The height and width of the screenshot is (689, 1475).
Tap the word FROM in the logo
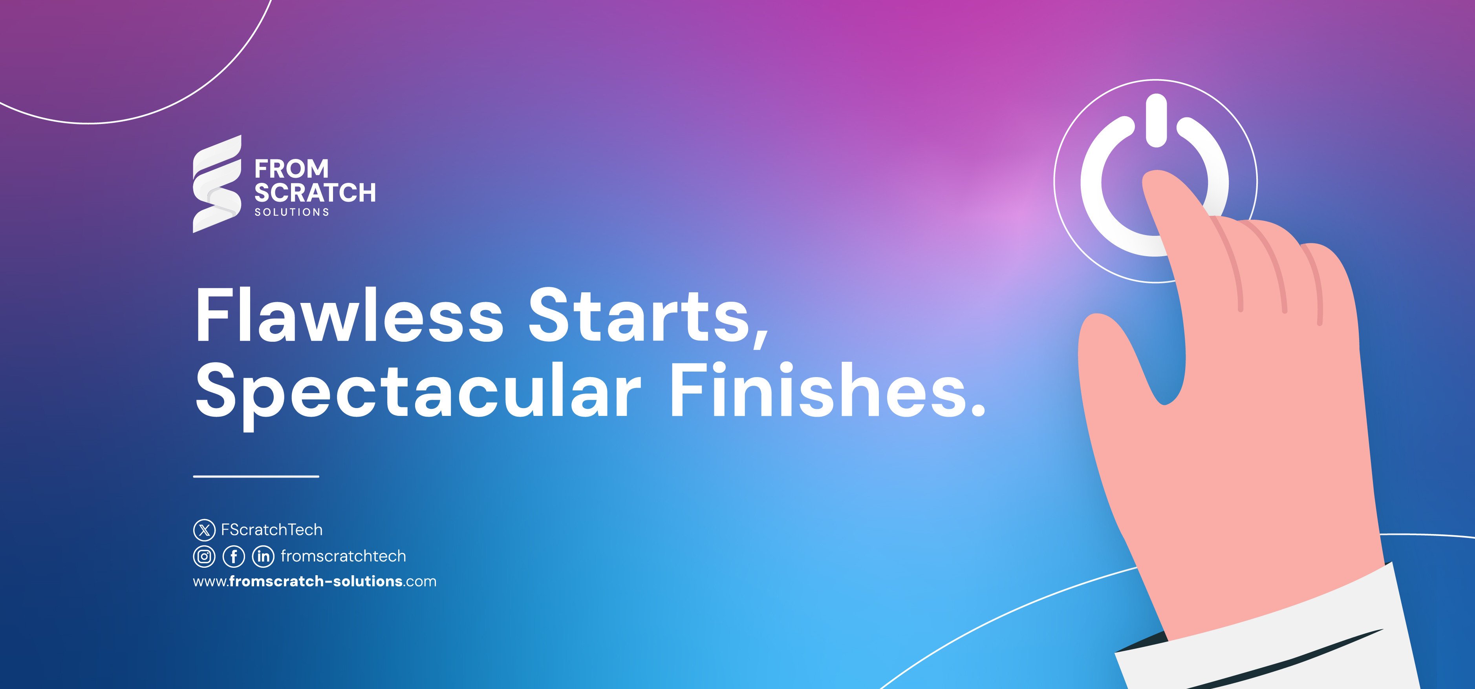coord(291,170)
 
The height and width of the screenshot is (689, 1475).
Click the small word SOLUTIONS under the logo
coord(291,212)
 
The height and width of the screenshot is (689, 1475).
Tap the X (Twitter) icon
coord(204,530)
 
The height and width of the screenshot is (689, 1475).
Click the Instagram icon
coord(204,556)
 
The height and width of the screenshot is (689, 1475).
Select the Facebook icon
coord(234,556)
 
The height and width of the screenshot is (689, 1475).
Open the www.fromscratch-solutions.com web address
coord(314,581)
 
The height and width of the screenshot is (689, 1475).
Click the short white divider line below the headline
coord(256,476)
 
